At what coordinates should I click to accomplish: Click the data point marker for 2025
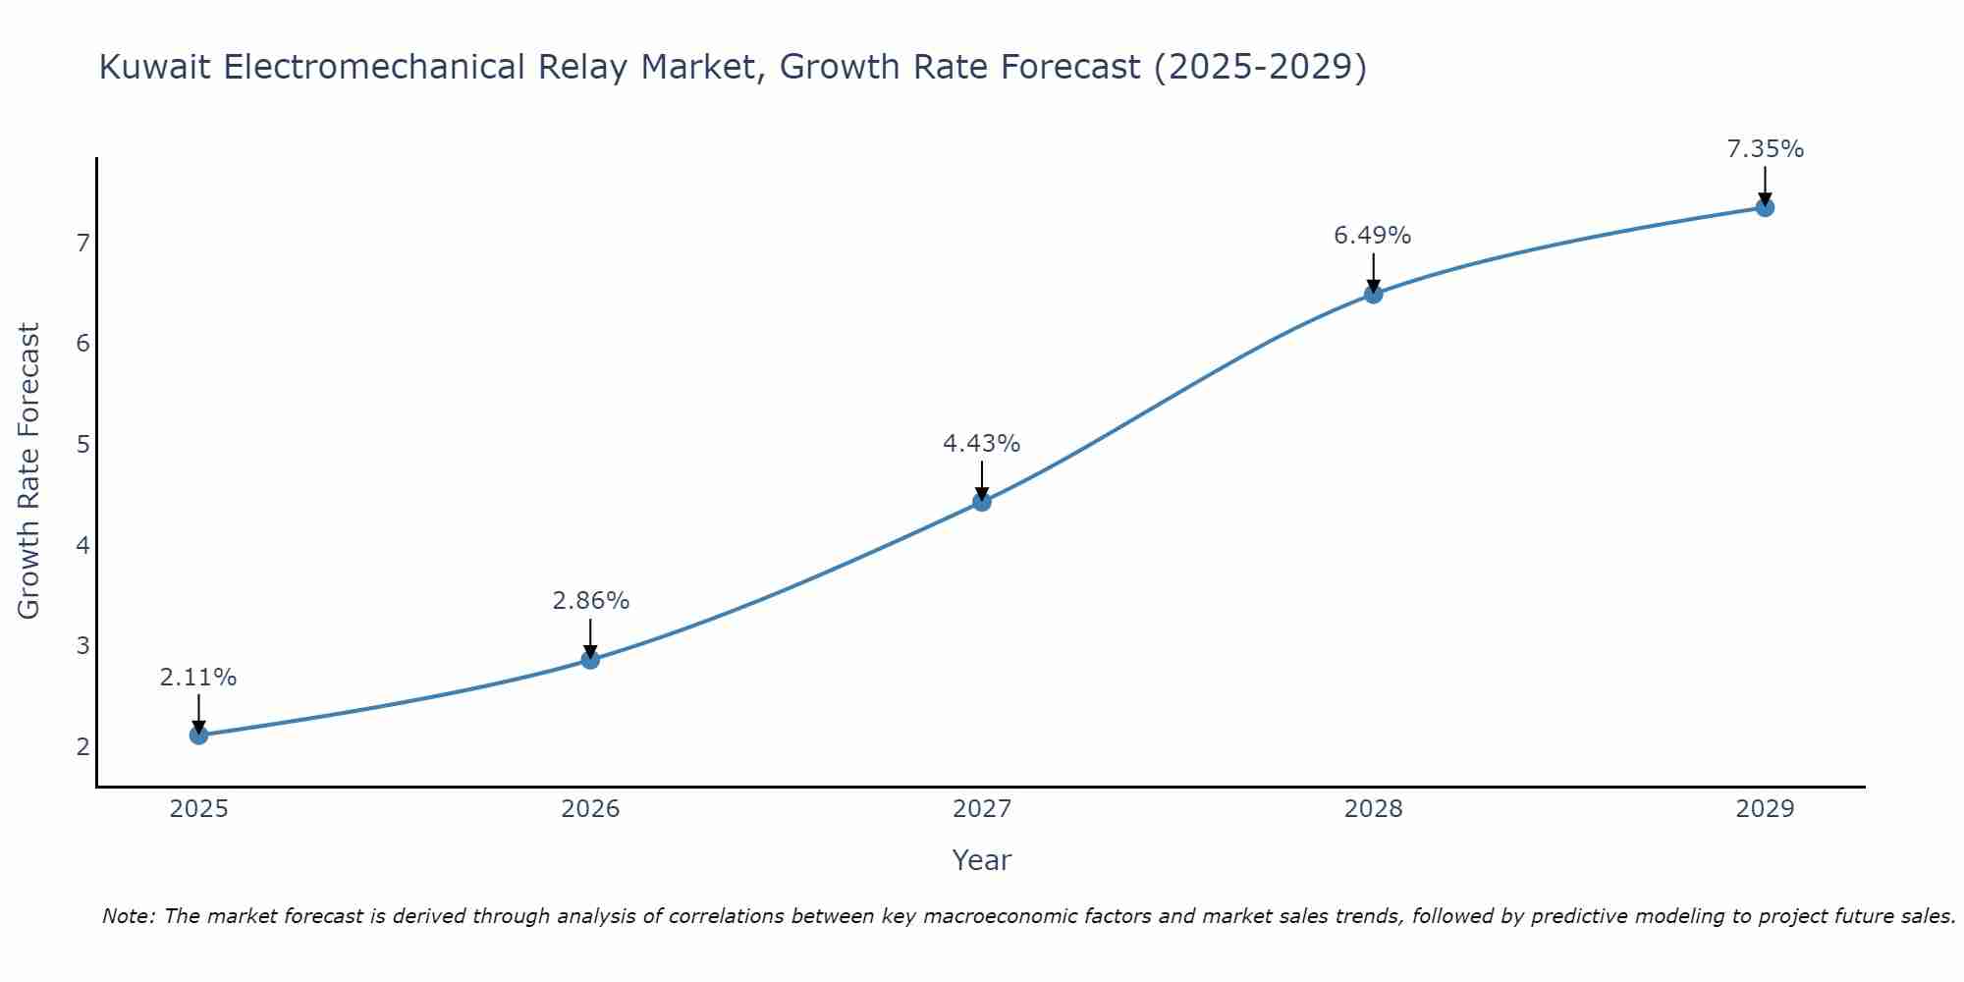coord(198,735)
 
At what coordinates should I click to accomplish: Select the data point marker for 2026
coord(590,659)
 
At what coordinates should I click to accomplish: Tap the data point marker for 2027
coord(982,502)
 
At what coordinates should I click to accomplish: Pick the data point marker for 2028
coord(1373,294)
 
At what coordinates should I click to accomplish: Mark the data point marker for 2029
coord(1765,207)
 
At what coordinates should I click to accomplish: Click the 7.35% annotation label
coord(1765,149)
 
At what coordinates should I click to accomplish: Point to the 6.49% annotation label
coord(1372,236)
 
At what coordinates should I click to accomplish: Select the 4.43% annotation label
coord(981,444)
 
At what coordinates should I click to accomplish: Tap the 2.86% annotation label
coord(590,601)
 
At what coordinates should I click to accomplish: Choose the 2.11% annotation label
coord(198,678)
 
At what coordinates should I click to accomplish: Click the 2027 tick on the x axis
coord(982,809)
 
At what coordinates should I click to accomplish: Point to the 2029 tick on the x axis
coord(1765,809)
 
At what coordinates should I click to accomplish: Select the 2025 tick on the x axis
coord(198,809)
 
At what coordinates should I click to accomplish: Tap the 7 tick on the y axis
coord(82,243)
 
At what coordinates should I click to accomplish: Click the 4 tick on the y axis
coord(82,545)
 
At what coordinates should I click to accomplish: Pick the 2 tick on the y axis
coord(82,746)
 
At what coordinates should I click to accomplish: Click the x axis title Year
coord(981,860)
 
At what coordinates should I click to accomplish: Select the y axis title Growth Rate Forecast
coord(29,471)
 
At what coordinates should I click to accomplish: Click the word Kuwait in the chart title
coord(154,67)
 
